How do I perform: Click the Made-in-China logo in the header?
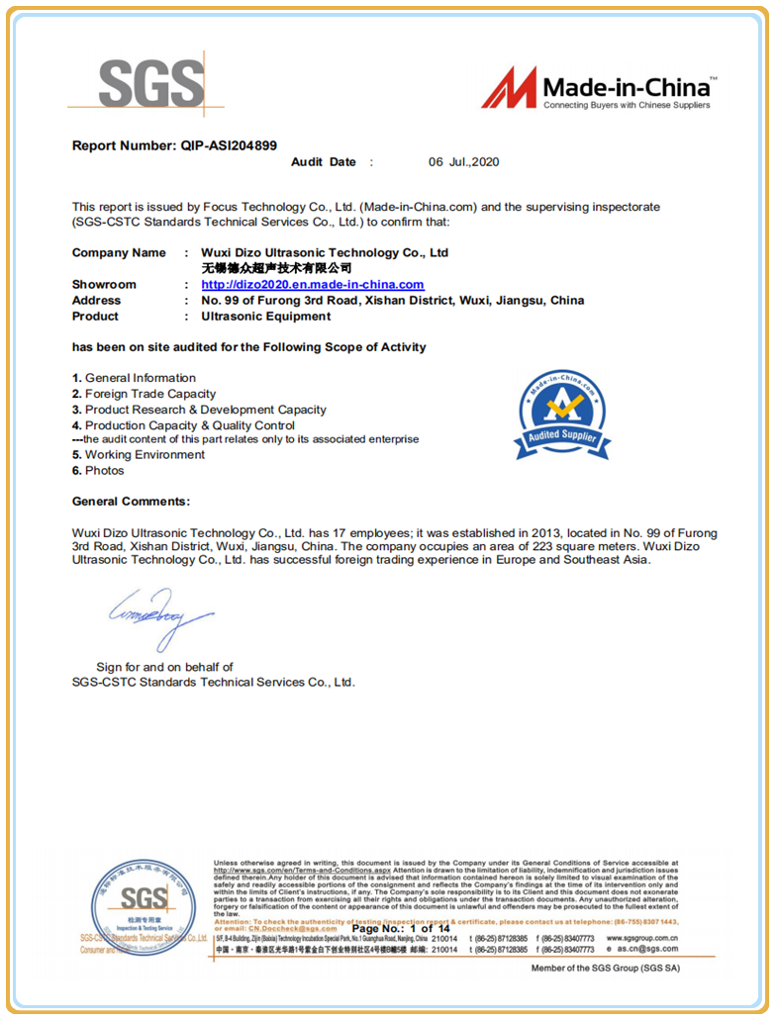[x=598, y=89]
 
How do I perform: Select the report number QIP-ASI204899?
[x=229, y=145]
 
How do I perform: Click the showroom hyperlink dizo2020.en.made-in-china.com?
[x=313, y=285]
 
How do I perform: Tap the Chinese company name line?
[x=276, y=268]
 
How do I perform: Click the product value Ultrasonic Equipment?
[x=266, y=317]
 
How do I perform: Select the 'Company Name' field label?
[x=119, y=253]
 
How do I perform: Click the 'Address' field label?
[x=96, y=301]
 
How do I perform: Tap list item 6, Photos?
[x=98, y=471]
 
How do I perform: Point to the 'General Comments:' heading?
[x=131, y=503]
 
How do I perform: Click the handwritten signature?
[x=161, y=616]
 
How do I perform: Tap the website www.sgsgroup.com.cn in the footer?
[x=641, y=938]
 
